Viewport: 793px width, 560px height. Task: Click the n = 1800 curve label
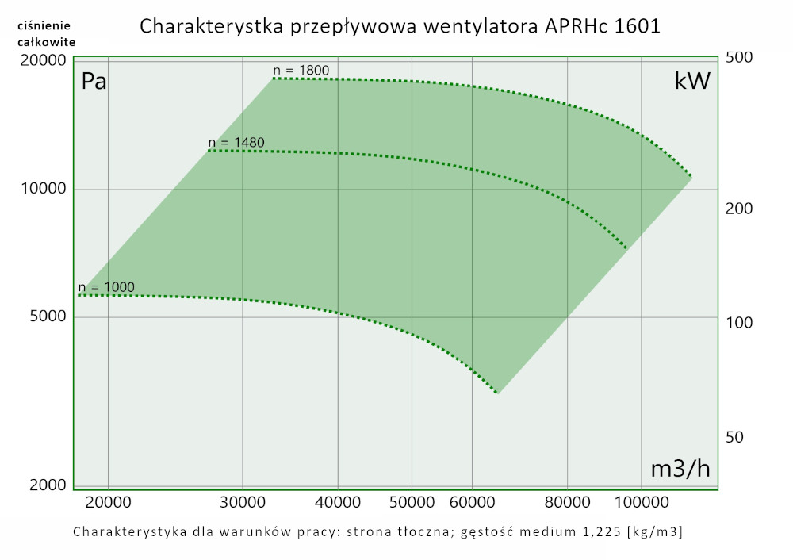(301, 71)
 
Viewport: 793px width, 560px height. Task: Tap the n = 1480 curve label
(236, 143)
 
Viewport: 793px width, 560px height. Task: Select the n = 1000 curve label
(106, 287)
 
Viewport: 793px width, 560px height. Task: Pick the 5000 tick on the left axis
(46, 317)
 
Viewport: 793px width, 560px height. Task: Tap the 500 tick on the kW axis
(739, 58)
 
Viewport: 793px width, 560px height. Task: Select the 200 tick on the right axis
(739, 209)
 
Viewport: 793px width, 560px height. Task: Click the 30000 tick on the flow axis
(242, 502)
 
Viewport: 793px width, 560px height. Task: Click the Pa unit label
(94, 82)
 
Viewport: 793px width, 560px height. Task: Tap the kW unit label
(691, 81)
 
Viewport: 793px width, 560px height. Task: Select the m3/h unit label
(680, 469)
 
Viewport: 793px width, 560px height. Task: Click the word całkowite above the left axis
(46, 42)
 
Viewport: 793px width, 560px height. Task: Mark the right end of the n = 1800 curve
(691, 175)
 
